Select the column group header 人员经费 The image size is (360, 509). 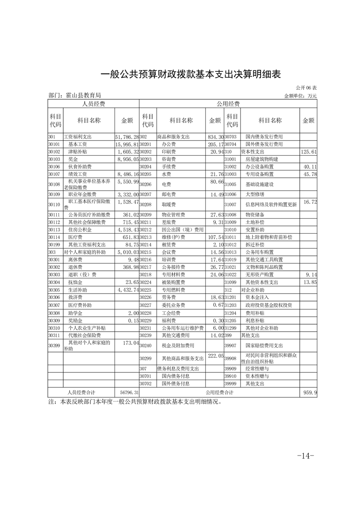[x=93, y=104]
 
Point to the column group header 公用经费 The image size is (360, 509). [x=228, y=104]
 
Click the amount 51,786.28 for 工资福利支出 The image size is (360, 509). [x=127, y=137]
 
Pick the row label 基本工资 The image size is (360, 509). [x=77, y=144]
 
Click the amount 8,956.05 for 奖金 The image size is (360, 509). [x=127, y=159]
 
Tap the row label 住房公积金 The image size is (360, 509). [x=80, y=230]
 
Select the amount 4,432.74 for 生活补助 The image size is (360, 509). [x=127, y=289]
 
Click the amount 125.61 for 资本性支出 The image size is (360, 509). [x=309, y=152]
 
